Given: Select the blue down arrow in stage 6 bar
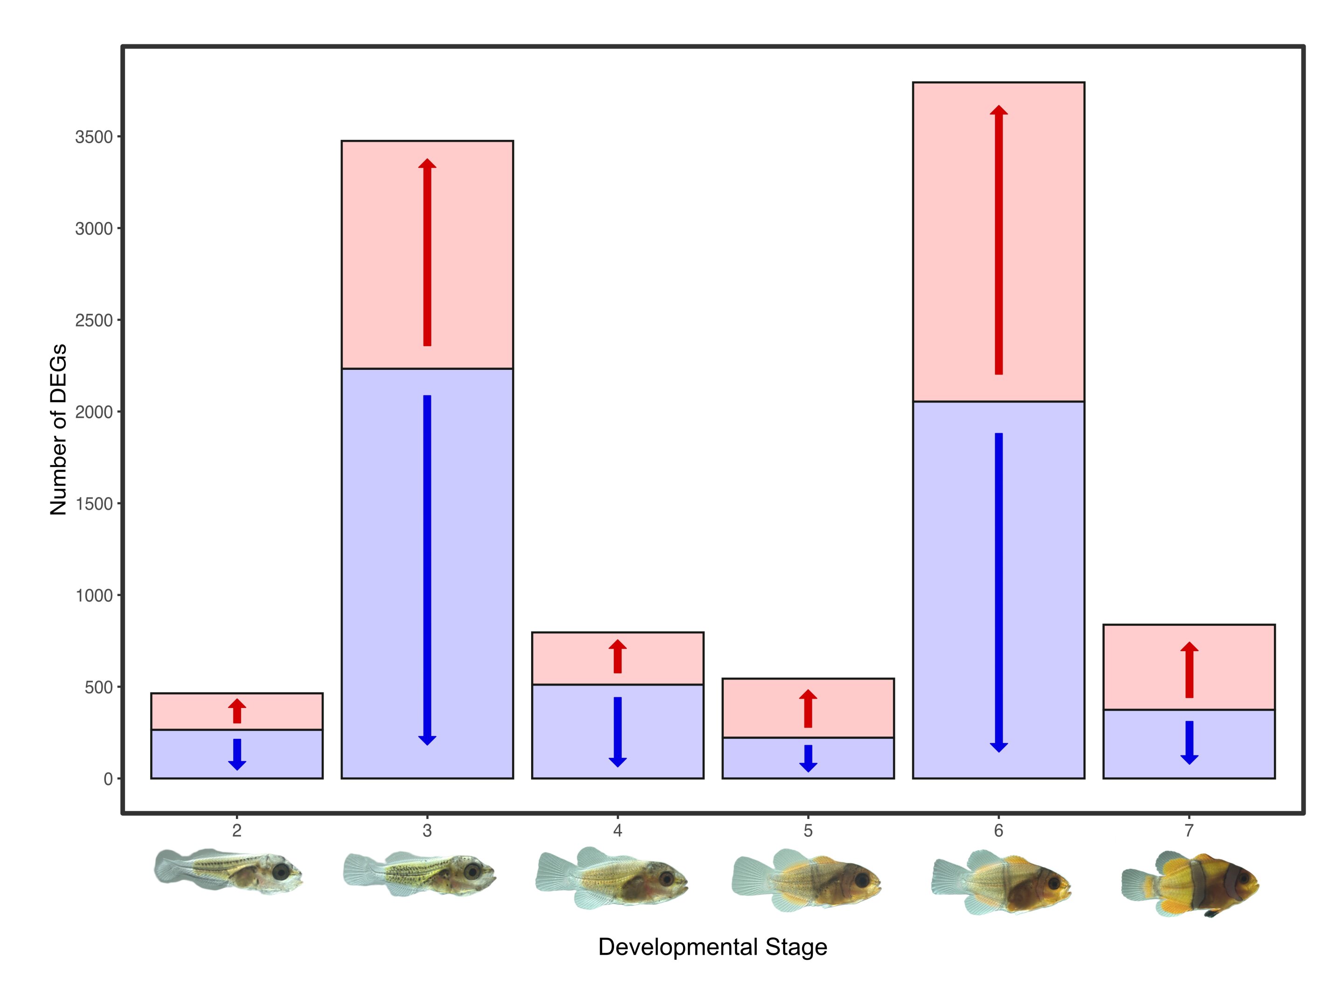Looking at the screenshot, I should pyautogui.click(x=998, y=593).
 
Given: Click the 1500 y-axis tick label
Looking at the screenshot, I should pyautogui.click(x=94, y=504).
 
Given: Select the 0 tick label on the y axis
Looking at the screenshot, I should pyautogui.click(x=108, y=779).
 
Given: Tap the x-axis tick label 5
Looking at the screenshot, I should pyautogui.click(x=808, y=831).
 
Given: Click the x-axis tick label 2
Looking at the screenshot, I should pyautogui.click(x=236, y=831).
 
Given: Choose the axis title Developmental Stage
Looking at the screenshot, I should pyautogui.click(x=713, y=946).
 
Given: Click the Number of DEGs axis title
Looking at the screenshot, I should pyautogui.click(x=58, y=430).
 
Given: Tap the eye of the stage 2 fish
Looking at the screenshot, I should pyautogui.click(x=281, y=871).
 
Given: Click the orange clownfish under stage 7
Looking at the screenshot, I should pyautogui.click(x=1189, y=883).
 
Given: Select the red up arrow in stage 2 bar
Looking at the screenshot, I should pyautogui.click(x=237, y=711).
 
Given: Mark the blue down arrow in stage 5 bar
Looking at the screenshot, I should pyautogui.click(x=808, y=758).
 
